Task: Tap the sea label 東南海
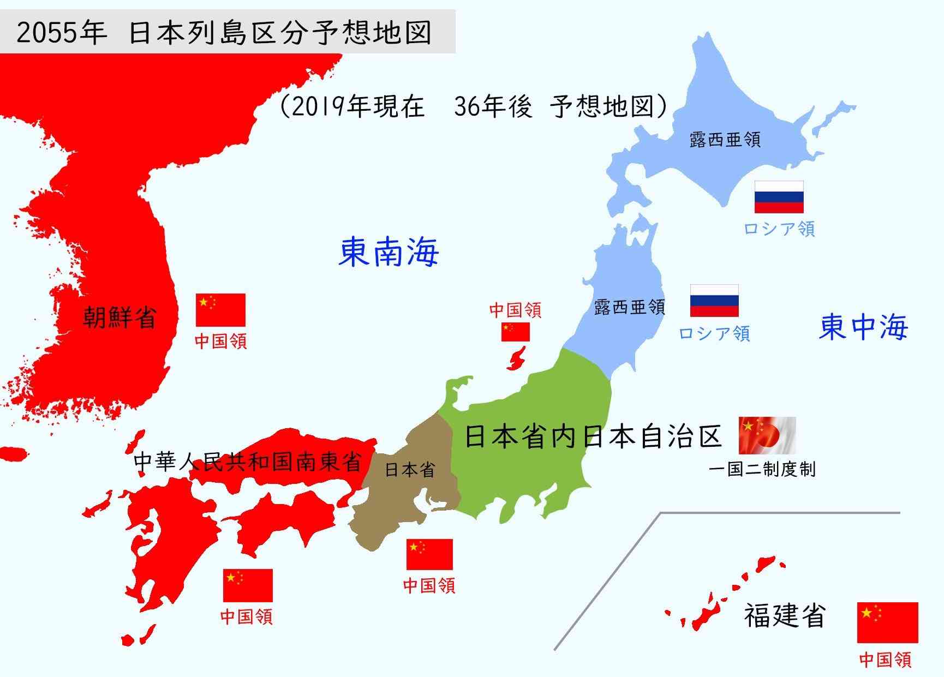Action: click(389, 252)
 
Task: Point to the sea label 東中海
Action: click(864, 326)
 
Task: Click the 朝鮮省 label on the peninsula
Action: click(120, 317)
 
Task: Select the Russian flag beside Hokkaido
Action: click(779, 196)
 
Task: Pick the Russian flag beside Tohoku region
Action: click(714, 301)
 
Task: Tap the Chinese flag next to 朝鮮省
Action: click(220, 309)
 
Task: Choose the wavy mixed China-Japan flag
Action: click(767, 435)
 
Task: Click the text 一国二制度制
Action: click(762, 469)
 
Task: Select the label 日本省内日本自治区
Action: click(593, 438)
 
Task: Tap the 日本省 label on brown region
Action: click(410, 470)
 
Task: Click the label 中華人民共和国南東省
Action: click(248, 462)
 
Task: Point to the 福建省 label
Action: click(784, 615)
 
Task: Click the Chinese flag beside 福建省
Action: click(887, 622)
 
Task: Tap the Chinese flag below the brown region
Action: click(429, 554)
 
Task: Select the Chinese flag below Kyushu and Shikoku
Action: click(248, 585)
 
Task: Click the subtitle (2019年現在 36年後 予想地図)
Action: click(473, 106)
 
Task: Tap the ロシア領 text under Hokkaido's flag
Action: click(779, 229)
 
